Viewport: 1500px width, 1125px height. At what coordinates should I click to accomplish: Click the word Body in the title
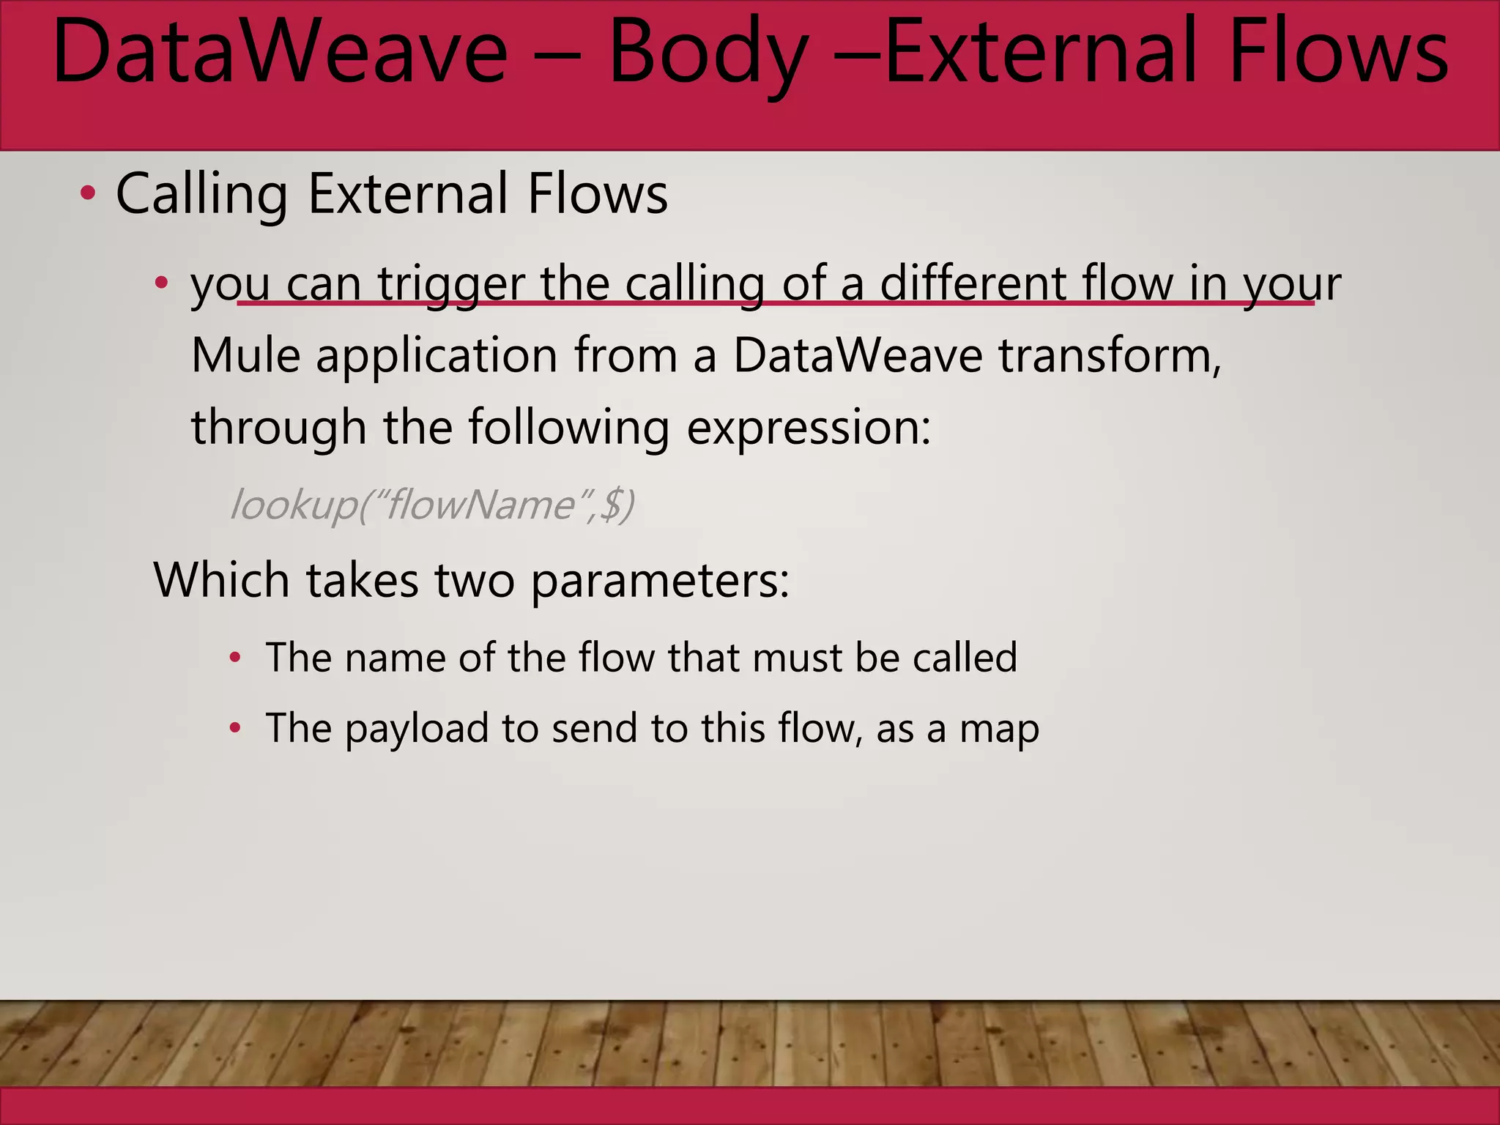tap(708, 53)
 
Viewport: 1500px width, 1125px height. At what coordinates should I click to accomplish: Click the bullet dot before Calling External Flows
tap(88, 194)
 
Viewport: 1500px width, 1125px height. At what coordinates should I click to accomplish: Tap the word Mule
tap(245, 356)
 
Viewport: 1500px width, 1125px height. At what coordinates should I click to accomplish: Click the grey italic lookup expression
tap(432, 505)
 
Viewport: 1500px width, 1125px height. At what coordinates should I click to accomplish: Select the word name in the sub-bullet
tap(394, 658)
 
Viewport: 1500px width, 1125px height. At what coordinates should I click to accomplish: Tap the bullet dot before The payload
tap(235, 728)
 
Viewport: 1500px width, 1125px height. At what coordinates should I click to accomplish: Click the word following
tap(568, 428)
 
